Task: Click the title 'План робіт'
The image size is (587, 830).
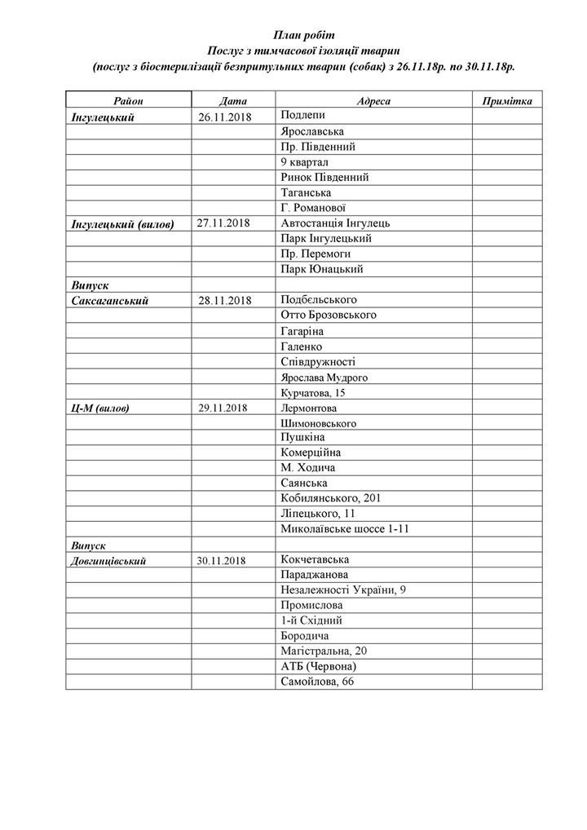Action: [303, 34]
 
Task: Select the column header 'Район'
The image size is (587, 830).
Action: [129, 101]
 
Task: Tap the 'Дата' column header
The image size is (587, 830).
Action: [233, 101]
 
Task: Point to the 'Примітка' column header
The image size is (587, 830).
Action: [507, 101]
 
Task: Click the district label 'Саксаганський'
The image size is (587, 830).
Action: [110, 300]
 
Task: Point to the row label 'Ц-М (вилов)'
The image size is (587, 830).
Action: [101, 407]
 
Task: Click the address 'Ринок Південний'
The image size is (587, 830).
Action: [324, 177]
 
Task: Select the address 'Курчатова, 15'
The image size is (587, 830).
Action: [312, 392]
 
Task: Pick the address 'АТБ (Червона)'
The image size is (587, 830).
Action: [317, 666]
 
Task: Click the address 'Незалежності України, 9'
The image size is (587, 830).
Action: [342, 590]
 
